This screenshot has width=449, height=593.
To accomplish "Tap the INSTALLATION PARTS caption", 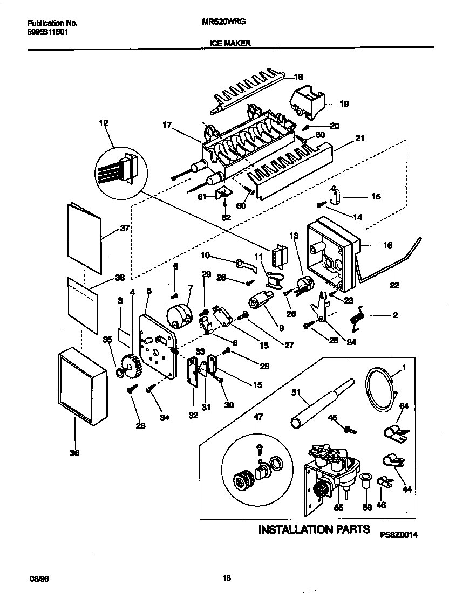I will [x=314, y=529].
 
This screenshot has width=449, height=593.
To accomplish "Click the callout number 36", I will [x=74, y=453].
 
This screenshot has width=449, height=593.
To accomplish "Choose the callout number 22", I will [x=394, y=285].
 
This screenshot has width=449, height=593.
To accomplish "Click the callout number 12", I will [x=104, y=123].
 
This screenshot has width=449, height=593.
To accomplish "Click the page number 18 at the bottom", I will [x=227, y=578].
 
